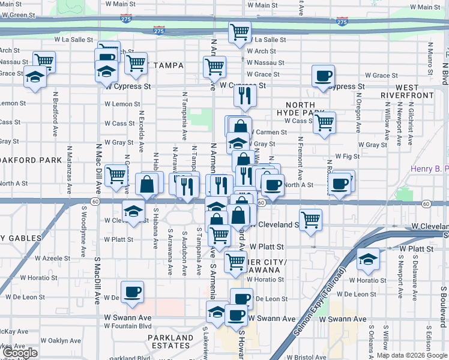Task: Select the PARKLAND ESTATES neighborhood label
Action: (171, 341)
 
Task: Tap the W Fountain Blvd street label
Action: (128, 326)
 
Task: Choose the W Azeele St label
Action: (52, 258)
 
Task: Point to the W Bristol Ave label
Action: (307, 357)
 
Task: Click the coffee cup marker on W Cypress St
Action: (324, 76)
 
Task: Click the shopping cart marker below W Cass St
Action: (325, 122)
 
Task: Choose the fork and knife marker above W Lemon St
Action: (245, 95)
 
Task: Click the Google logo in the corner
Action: (20, 353)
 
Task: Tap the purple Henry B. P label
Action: (429, 169)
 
